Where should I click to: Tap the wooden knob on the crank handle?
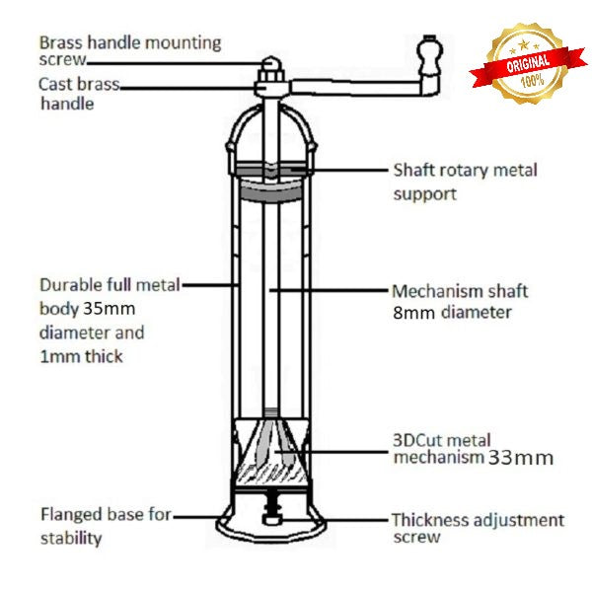(428, 55)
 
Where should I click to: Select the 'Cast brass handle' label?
(79, 94)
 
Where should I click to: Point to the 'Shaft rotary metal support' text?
(465, 182)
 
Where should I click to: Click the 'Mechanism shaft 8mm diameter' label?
(459, 302)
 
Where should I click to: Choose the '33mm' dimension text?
(520, 458)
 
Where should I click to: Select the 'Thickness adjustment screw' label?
(478, 528)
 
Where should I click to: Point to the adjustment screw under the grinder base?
(268, 518)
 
